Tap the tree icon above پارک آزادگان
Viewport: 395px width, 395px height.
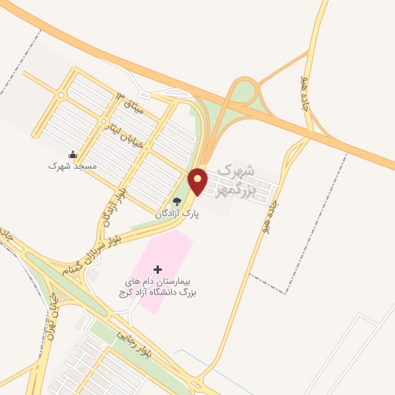tap(177, 202)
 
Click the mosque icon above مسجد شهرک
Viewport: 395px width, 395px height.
tap(73, 154)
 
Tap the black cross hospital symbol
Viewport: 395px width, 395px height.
tap(158, 269)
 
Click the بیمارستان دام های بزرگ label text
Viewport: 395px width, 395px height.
tap(158, 287)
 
